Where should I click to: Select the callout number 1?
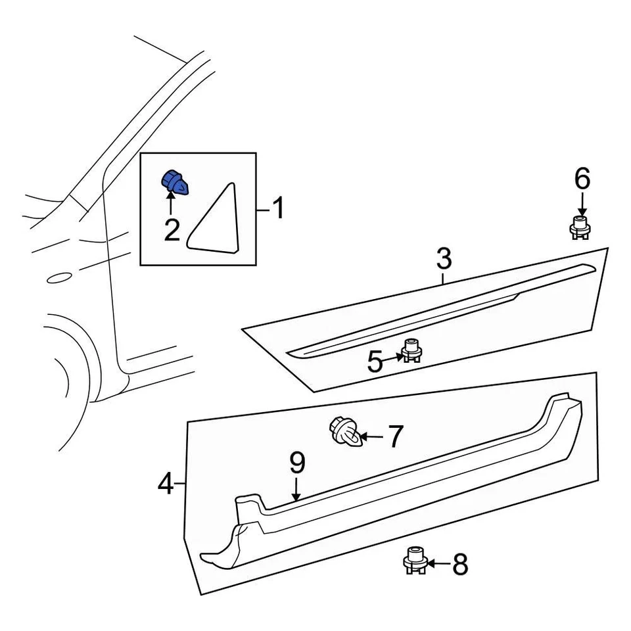tap(279, 209)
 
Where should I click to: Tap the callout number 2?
tap(172, 230)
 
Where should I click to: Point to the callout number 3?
tap(444, 259)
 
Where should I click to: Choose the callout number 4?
tap(166, 485)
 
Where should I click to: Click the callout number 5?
tap(375, 362)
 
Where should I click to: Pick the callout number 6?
tap(582, 179)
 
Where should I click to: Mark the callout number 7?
tap(394, 437)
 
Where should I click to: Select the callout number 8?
tap(459, 564)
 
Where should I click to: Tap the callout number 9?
tap(297, 463)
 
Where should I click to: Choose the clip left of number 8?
tap(415, 561)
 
